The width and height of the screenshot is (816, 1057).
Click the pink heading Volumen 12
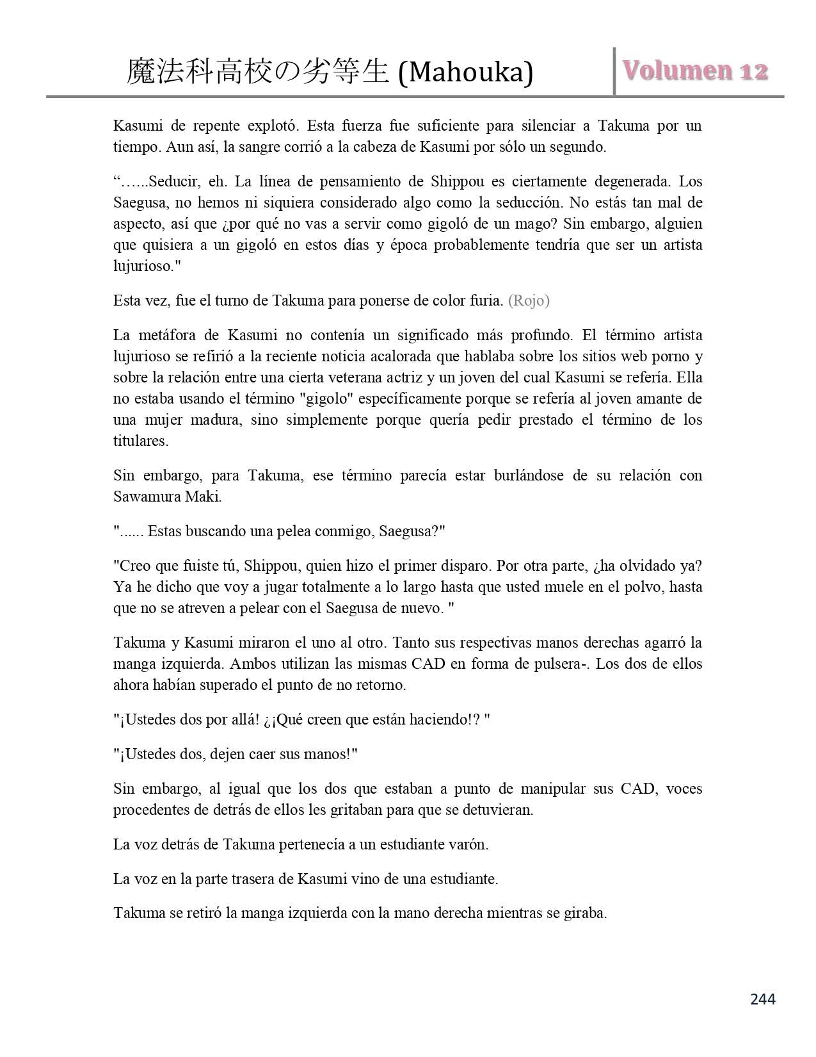695,71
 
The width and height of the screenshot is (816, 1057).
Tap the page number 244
762,999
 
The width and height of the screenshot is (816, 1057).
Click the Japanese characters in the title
258,72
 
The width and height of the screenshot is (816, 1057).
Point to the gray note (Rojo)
529,300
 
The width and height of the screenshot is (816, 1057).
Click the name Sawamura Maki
168,496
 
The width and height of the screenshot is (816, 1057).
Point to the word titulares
141,441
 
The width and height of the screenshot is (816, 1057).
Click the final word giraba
585,913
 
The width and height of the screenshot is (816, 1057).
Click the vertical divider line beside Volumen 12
614,71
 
